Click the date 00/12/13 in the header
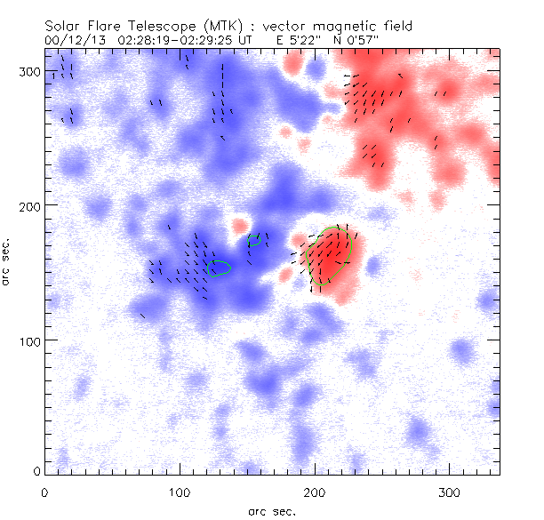click(x=72, y=40)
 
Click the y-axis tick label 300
click(x=28, y=70)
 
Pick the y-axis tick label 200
click(x=28, y=205)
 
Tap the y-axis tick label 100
click(x=28, y=340)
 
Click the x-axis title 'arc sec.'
click(x=271, y=510)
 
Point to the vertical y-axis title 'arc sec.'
click(x=7, y=261)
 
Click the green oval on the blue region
click(x=219, y=268)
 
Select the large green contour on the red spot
click(x=328, y=248)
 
